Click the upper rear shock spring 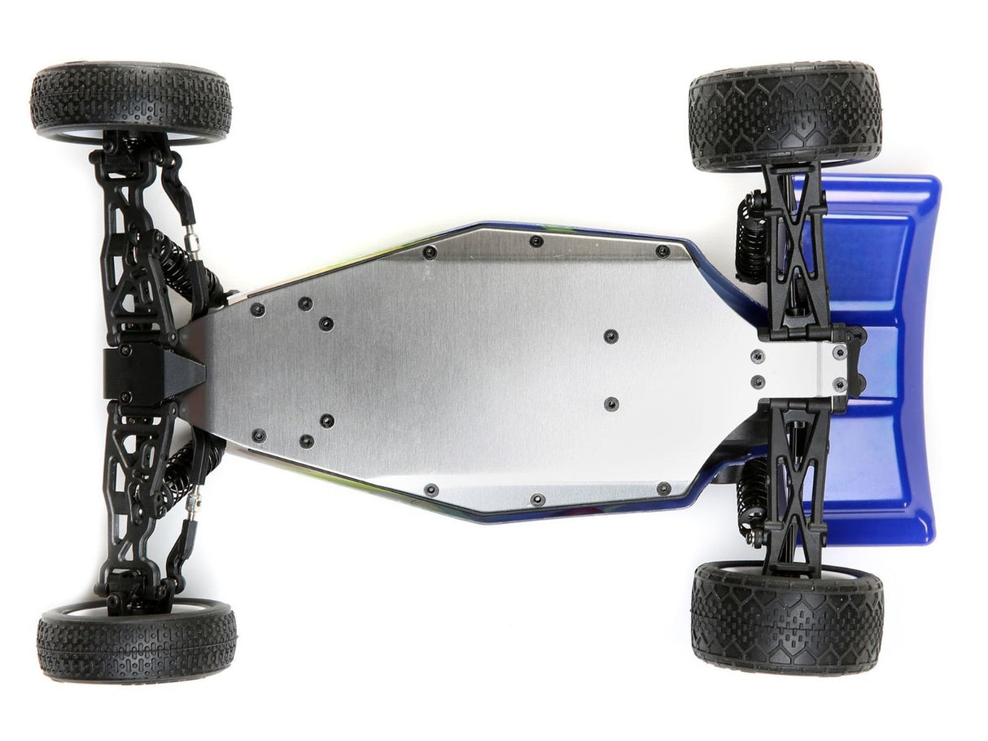click(x=752, y=236)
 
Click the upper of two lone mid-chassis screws click(x=610, y=336)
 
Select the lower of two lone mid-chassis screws click(x=610, y=403)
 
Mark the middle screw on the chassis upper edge click(x=536, y=241)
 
